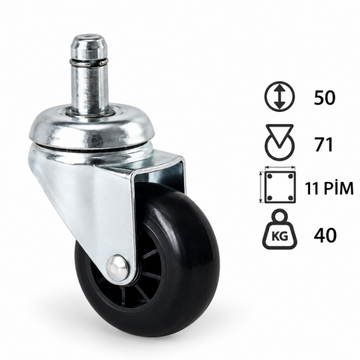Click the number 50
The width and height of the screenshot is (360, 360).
point(325,97)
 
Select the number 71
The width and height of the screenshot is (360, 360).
point(324,145)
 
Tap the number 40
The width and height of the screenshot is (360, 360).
point(325,235)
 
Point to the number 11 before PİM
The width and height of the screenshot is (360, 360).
point(311,188)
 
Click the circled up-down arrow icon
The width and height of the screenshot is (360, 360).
point(279,97)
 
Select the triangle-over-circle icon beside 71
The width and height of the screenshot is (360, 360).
point(279,143)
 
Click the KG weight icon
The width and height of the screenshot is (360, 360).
point(280,230)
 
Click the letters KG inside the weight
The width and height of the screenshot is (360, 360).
point(279,236)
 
